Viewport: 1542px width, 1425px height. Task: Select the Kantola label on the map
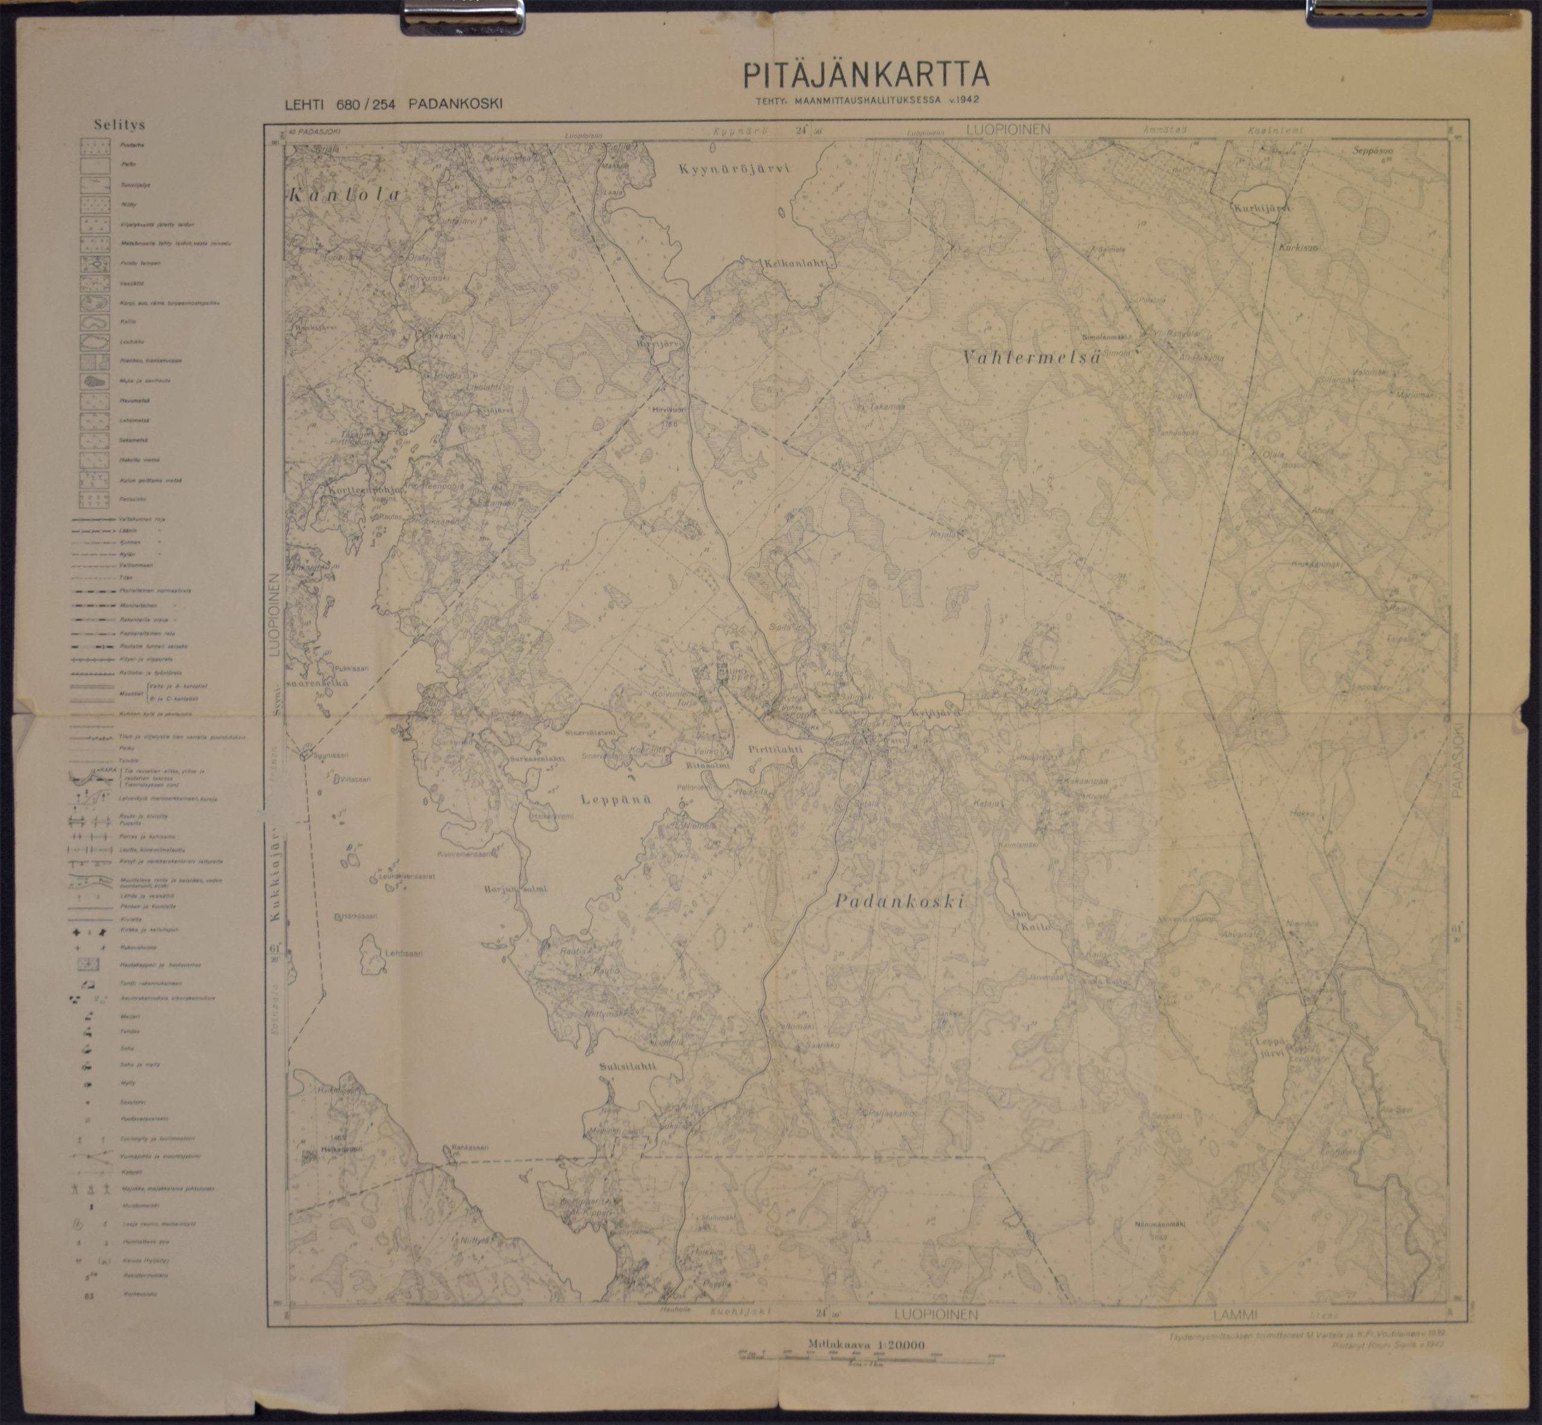[345, 195]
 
